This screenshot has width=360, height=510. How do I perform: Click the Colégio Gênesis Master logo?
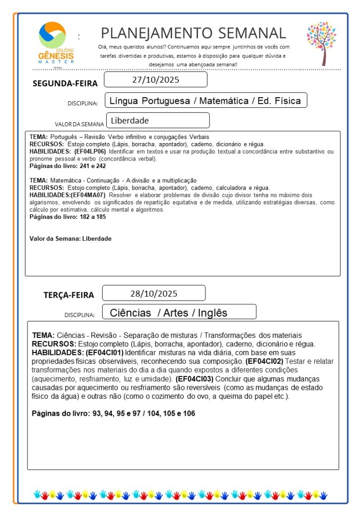click(x=56, y=42)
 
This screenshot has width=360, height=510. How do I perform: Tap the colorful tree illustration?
click(x=321, y=43)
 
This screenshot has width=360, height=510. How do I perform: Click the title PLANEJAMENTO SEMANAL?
click(x=193, y=33)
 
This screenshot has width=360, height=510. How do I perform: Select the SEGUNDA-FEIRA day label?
click(x=65, y=83)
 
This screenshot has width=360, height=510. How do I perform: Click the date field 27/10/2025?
click(x=156, y=80)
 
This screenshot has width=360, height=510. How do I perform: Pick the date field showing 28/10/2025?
click(x=154, y=293)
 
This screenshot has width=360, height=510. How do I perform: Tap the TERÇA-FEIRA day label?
click(x=68, y=295)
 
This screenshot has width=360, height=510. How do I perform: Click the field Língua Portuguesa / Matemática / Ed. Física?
click(x=205, y=101)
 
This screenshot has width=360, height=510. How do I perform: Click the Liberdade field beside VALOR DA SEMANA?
click(x=157, y=120)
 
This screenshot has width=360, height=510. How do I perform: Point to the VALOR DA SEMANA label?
click(x=79, y=124)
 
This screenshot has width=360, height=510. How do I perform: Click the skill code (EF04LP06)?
click(x=90, y=151)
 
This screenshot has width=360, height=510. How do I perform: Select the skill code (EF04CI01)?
click(x=104, y=352)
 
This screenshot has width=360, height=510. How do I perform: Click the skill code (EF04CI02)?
click(x=265, y=361)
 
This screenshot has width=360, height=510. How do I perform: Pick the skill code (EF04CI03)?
click(x=194, y=379)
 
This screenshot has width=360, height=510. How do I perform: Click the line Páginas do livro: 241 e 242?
click(x=68, y=166)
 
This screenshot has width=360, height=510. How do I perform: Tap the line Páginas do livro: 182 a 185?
click(x=68, y=217)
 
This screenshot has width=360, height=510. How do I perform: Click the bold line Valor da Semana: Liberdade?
click(x=70, y=239)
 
